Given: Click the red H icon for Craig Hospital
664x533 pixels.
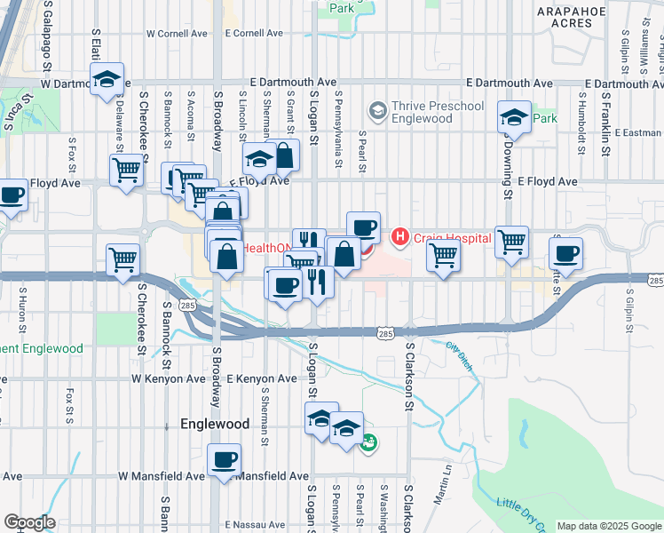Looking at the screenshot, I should (400, 236).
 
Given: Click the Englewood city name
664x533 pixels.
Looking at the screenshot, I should (215, 425).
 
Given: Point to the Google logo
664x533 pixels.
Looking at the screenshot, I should (29, 522).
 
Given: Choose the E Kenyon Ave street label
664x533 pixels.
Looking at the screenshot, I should (261, 378).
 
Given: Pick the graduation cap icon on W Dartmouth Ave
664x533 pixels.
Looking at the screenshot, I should (107, 80).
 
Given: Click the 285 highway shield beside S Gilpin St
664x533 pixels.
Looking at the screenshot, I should (655, 281).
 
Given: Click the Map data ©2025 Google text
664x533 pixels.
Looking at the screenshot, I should (609, 526).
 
